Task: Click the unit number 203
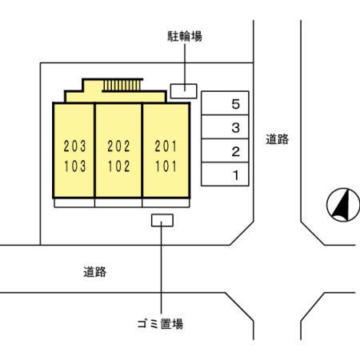pyautogui.click(x=74, y=146)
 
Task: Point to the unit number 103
pyautogui.click(x=74, y=167)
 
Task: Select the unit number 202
pyautogui.click(x=118, y=146)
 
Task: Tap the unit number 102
pyautogui.click(x=118, y=167)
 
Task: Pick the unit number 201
pyautogui.click(x=166, y=146)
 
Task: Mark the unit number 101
pyautogui.click(x=166, y=167)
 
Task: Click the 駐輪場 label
pyautogui.click(x=184, y=36)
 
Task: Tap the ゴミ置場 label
pyautogui.click(x=162, y=324)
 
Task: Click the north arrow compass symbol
pyautogui.click(x=342, y=205)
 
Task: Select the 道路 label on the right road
pyautogui.click(x=277, y=139)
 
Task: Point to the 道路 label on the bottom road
pyautogui.click(x=94, y=271)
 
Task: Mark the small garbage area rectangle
pyautogui.click(x=162, y=220)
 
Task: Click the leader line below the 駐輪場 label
pyautogui.click(x=184, y=64)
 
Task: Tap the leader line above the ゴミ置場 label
pyautogui.click(x=162, y=272)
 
